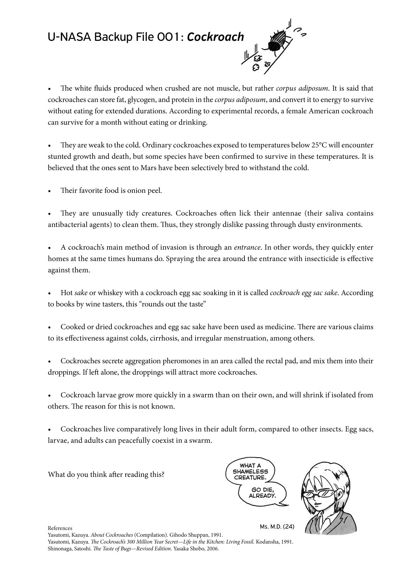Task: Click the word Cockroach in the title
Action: click(215, 37)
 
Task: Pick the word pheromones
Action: click(184, 361)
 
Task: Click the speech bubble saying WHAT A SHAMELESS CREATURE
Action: click(251, 471)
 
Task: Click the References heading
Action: click(60, 528)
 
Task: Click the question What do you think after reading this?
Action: click(106, 475)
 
